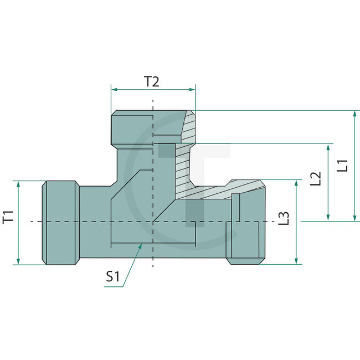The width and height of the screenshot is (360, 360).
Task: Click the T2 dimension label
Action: [152, 82]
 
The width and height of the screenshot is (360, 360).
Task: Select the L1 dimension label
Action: [343, 165]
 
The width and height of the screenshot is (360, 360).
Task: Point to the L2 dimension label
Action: [316, 178]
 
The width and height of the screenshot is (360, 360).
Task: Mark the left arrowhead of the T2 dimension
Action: [114, 89]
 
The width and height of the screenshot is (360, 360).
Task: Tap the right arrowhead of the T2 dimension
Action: [193, 89]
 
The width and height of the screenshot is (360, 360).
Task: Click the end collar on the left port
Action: [60, 222]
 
